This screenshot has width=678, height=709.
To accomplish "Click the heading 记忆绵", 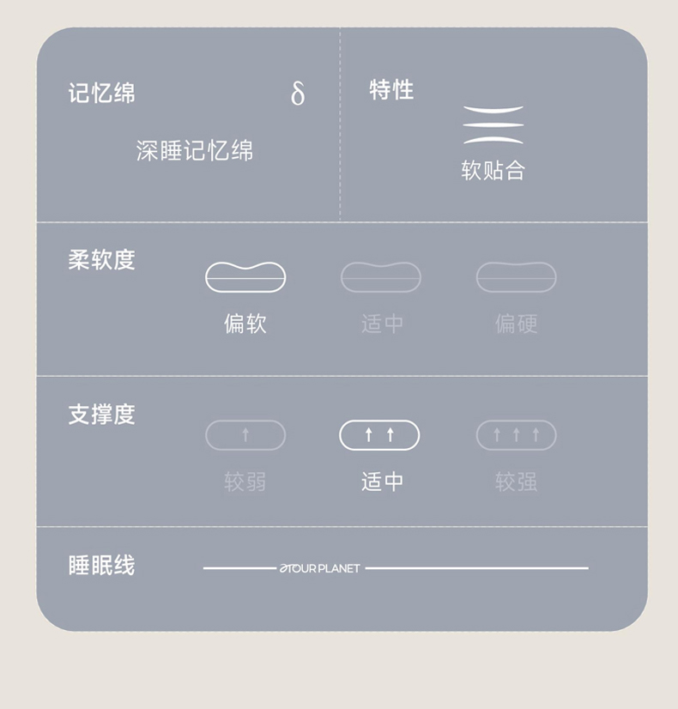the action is (101, 94).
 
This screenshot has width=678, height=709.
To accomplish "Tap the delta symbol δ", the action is (298, 94).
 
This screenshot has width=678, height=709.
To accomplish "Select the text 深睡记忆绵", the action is (194, 150).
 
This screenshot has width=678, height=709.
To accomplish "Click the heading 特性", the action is (391, 89).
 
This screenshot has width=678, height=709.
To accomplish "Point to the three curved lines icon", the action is (493, 124).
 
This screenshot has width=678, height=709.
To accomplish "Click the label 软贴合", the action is (493, 171).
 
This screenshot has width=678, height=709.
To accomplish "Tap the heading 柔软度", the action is (101, 260).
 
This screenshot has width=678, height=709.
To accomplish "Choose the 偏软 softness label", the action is (245, 324).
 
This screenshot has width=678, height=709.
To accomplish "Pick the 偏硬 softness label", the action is (516, 324).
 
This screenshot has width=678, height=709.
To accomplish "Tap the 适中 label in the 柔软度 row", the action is (382, 324).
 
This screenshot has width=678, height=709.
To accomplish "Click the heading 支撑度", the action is (101, 415).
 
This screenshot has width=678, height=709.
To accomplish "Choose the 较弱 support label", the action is (245, 482).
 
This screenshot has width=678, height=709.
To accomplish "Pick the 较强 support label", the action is (516, 482).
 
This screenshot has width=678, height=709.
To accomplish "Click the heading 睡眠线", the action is (101, 565).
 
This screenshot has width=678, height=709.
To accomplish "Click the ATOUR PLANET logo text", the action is (319, 568).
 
